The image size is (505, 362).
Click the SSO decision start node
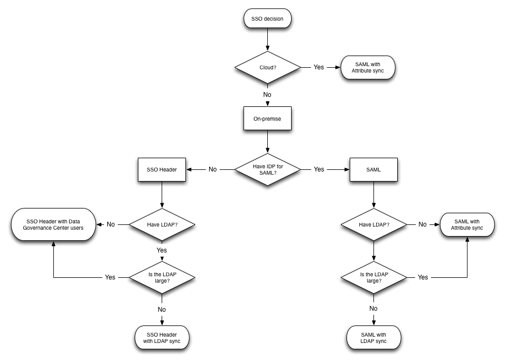267,19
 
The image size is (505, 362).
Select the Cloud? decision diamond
267,68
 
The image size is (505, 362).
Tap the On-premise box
267,119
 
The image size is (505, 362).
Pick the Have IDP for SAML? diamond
267,169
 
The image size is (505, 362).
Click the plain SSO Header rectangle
161,170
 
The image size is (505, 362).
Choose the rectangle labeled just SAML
373,170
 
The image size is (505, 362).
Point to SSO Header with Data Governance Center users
53,224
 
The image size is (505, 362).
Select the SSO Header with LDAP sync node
161,338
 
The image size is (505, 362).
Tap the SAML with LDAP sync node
373,338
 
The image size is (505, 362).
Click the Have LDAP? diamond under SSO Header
161,224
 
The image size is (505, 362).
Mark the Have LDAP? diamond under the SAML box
373,224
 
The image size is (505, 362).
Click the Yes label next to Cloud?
319,68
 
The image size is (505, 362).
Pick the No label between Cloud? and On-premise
267,95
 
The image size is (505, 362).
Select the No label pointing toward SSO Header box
212,169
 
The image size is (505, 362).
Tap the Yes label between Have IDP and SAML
319,169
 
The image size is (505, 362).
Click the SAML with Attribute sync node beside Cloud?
368,68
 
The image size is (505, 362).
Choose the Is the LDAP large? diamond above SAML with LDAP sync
373,277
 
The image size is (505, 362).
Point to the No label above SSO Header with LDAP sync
162,309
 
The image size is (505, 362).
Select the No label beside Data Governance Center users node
111,224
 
